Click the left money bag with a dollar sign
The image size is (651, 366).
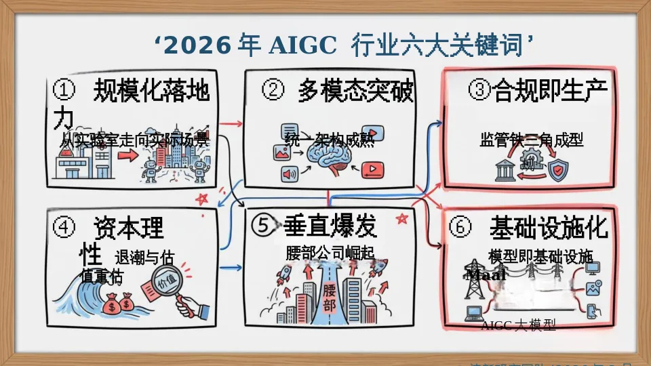click(x=112, y=307)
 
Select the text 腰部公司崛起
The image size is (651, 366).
click(x=330, y=253)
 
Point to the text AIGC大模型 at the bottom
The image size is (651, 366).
click(x=518, y=326)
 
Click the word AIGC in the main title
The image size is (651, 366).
click(x=302, y=46)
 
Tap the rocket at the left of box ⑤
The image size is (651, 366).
click(x=284, y=274)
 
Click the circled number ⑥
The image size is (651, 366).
click(x=460, y=228)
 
